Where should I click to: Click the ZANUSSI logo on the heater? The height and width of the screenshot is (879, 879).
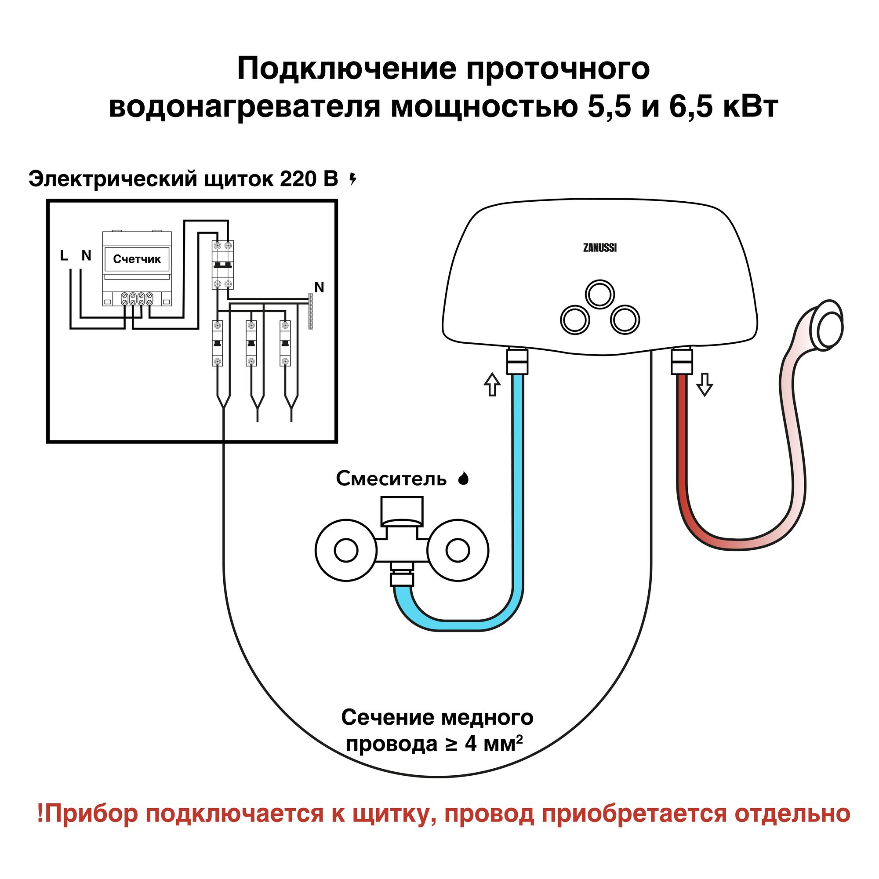pos(599,248)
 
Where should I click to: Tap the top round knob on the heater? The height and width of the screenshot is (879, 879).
pos(599,294)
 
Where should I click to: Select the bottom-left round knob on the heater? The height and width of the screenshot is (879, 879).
pos(575,320)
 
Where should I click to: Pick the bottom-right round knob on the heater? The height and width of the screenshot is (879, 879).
pos(625,320)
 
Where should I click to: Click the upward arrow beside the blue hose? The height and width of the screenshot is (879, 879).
pos(492,385)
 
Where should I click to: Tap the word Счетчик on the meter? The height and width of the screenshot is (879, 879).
pos(137,259)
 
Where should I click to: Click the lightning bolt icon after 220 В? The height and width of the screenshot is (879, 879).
pos(352,179)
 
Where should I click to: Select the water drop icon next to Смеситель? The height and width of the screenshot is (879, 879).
pos(463,479)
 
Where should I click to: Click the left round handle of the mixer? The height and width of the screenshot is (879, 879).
pos(346,551)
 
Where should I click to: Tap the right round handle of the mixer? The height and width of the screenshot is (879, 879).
pos(458,551)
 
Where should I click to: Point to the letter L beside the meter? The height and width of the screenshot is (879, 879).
pos(64,256)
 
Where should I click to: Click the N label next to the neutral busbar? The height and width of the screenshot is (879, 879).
pos(320,287)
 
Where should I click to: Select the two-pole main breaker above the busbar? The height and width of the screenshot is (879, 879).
pos(222,265)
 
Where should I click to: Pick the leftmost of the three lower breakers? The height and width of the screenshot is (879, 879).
pos(218,344)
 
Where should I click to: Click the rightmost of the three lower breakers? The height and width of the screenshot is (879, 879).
pos(285,344)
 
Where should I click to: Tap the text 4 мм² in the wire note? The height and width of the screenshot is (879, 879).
pos(493,745)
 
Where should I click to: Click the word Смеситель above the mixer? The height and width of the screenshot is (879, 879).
pos(391,479)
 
